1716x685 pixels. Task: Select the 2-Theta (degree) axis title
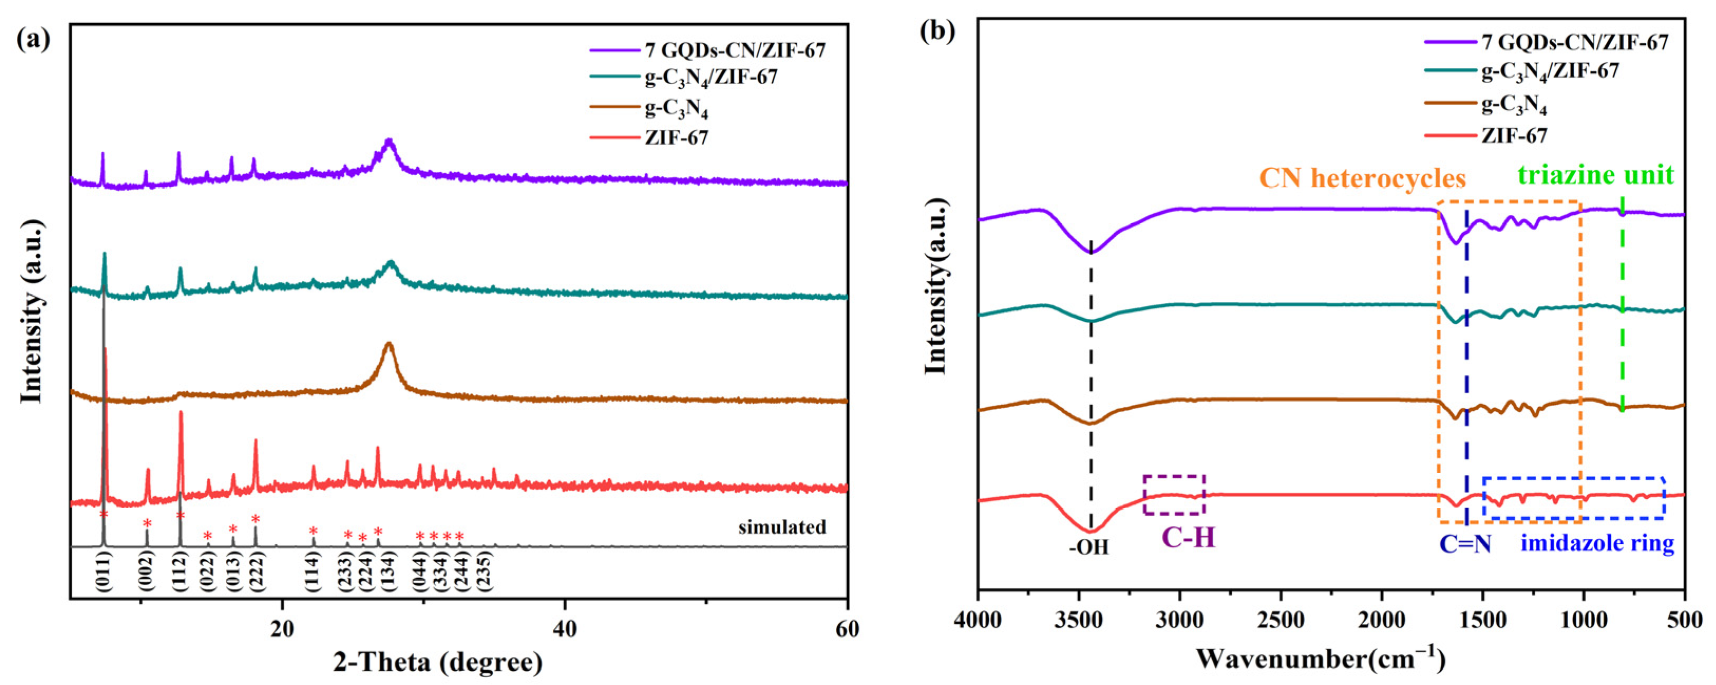click(x=438, y=662)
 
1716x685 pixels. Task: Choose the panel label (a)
click(x=33, y=39)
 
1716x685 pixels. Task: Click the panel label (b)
click(x=937, y=31)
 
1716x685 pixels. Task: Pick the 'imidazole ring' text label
click(x=1597, y=543)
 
